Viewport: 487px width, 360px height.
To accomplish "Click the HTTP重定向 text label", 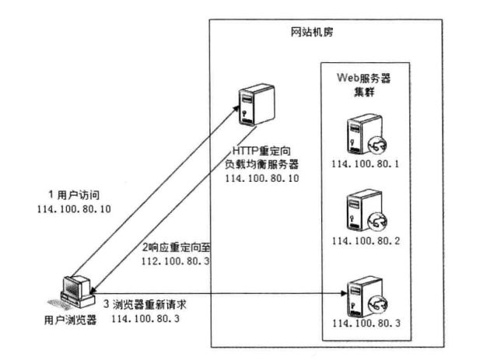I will (x=265, y=151).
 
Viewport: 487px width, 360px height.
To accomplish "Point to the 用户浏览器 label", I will (x=69, y=320).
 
